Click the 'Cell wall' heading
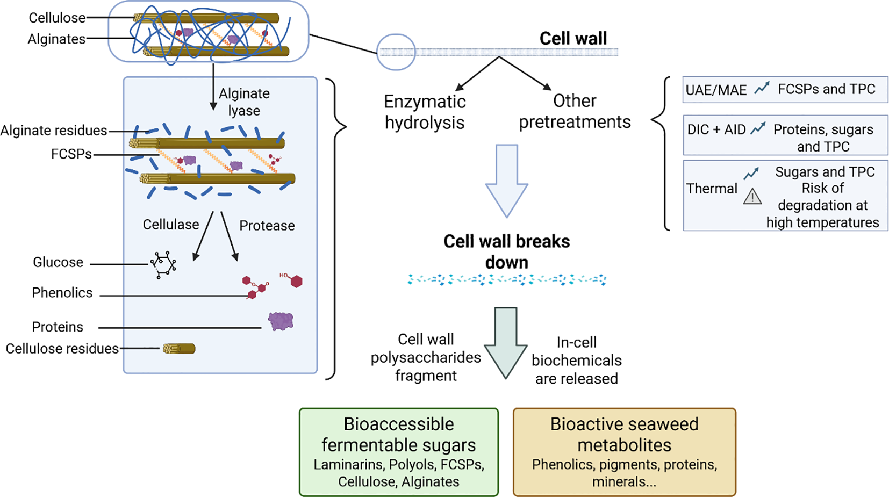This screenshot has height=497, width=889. coord(573,39)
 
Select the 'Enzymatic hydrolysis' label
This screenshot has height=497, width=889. coord(425,112)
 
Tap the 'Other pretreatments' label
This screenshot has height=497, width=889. coord(575,111)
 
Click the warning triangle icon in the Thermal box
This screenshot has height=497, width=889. coord(752,197)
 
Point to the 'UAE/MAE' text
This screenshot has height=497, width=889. coord(716,90)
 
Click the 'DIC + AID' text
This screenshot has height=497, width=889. coord(716,129)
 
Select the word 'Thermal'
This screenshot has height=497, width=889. coord(712,189)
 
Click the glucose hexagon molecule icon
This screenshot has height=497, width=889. coord(163,264)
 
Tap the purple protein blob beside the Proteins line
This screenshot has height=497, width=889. coord(281,321)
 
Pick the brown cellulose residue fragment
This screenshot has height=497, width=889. coord(179,349)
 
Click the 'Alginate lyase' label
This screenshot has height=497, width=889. coord(244,102)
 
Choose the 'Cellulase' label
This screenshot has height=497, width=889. coord(171,224)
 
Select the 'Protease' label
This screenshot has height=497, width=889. coord(267,225)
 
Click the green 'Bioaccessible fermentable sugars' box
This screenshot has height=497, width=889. coord(399,452)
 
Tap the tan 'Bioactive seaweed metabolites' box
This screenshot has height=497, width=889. coord(624,452)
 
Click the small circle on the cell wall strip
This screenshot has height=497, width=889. coord(396,52)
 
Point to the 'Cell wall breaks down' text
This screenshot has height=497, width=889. coord(506,251)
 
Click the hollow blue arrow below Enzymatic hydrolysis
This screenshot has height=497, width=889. coord(506,181)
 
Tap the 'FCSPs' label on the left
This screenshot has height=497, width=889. coord(71,155)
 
